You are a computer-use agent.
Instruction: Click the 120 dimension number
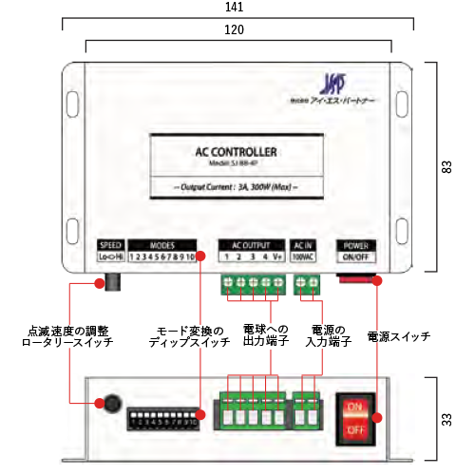coord(237,29)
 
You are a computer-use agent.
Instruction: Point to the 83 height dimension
coord(446,166)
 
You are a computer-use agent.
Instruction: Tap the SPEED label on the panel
coord(111,243)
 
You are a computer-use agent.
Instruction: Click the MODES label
coord(162,243)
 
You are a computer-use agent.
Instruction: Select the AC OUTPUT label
coord(252,243)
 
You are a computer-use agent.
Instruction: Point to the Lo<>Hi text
coord(111,256)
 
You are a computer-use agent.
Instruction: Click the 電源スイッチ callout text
coord(398,336)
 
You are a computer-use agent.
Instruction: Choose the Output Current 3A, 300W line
coord(235,187)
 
